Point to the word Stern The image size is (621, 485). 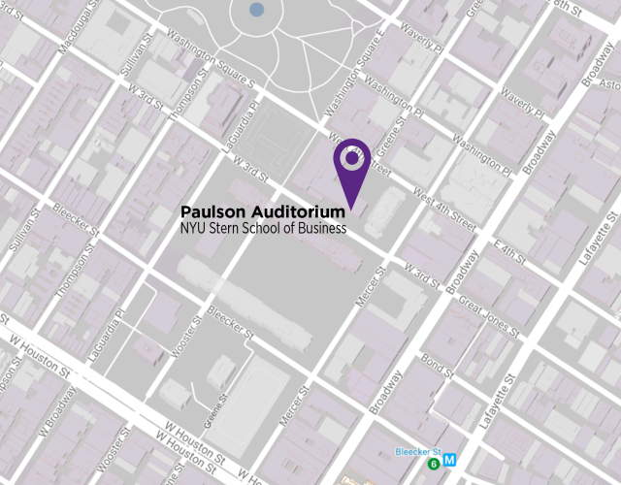pos(222,229)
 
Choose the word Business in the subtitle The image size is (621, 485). pos(319,229)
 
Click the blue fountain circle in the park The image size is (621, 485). pos(256,10)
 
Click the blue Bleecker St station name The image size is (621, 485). pos(418,452)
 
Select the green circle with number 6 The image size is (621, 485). pos(432,465)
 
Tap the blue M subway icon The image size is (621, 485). pos(448,465)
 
